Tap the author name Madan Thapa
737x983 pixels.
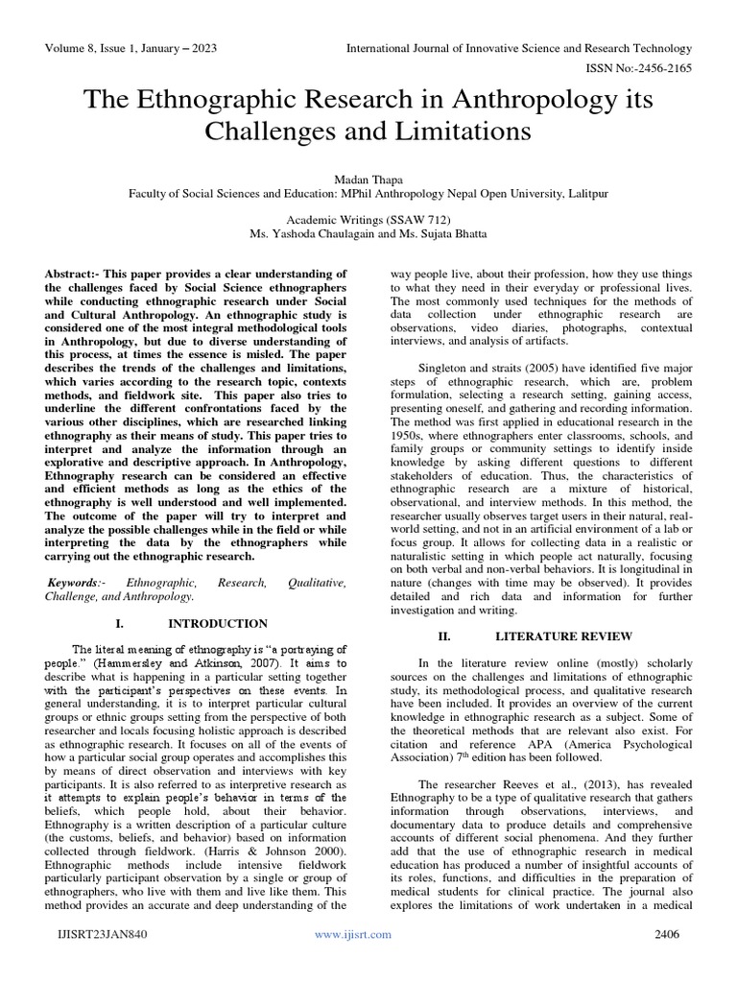tap(368, 178)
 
